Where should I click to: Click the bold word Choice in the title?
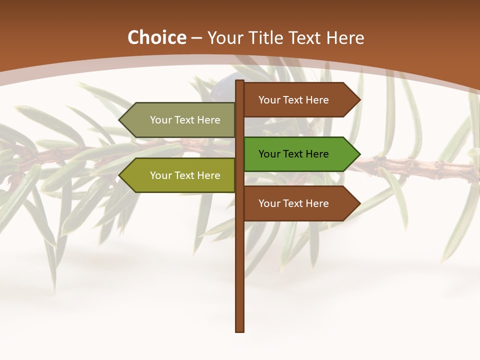tap(156, 38)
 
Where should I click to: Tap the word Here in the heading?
tap(345, 38)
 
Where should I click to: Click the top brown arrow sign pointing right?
tap(300, 100)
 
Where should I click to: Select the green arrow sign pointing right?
tap(300, 154)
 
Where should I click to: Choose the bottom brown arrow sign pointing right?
tap(300, 203)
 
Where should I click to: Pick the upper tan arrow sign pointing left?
tap(180, 120)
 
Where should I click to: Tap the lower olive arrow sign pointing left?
tap(180, 175)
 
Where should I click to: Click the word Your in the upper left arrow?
tap(161, 120)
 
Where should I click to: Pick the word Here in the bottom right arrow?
tap(317, 203)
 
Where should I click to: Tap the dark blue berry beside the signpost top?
tap(229, 79)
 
